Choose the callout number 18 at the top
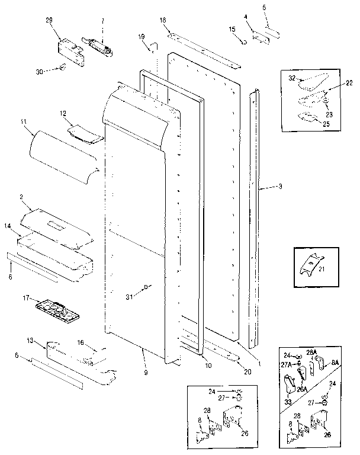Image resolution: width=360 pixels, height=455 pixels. [x=163, y=21]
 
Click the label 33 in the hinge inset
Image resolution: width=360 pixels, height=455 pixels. [x=289, y=401]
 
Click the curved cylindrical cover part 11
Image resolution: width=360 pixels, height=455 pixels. [x=62, y=152]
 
